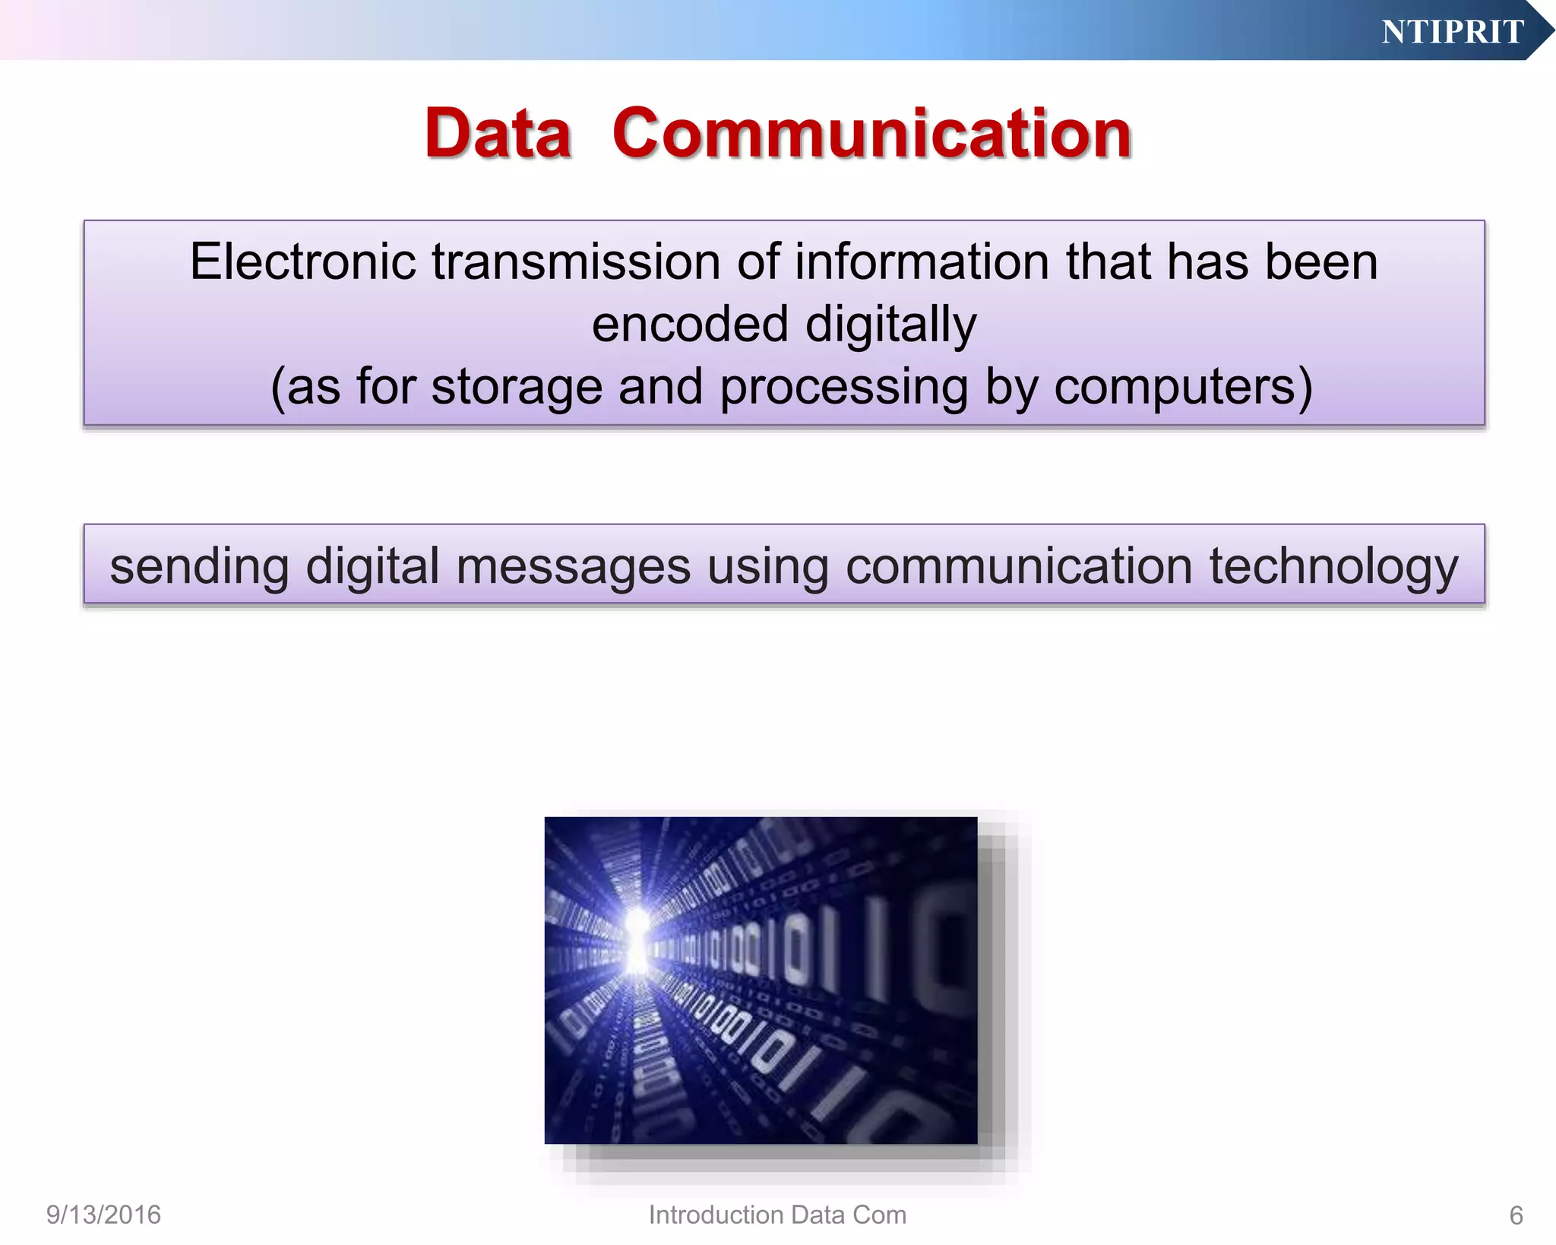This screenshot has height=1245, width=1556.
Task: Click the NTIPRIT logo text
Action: [x=1452, y=32]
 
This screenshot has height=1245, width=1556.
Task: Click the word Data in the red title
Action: [x=498, y=134]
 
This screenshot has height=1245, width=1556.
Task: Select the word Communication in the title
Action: [x=871, y=134]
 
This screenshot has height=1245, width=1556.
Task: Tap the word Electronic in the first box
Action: [x=302, y=261]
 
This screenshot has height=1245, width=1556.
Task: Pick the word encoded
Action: [x=690, y=325]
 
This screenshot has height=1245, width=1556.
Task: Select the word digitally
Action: [x=890, y=325]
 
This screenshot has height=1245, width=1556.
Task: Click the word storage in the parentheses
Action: [x=516, y=387]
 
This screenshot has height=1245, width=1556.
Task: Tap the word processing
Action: [x=843, y=387]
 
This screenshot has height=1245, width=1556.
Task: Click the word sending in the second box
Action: [x=199, y=567]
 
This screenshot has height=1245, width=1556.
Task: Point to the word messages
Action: [x=573, y=567]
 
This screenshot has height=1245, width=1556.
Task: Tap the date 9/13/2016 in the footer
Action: [x=103, y=1215]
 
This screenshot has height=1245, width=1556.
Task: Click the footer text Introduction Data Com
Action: [x=777, y=1215]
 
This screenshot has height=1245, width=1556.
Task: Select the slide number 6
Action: [x=1516, y=1215]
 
